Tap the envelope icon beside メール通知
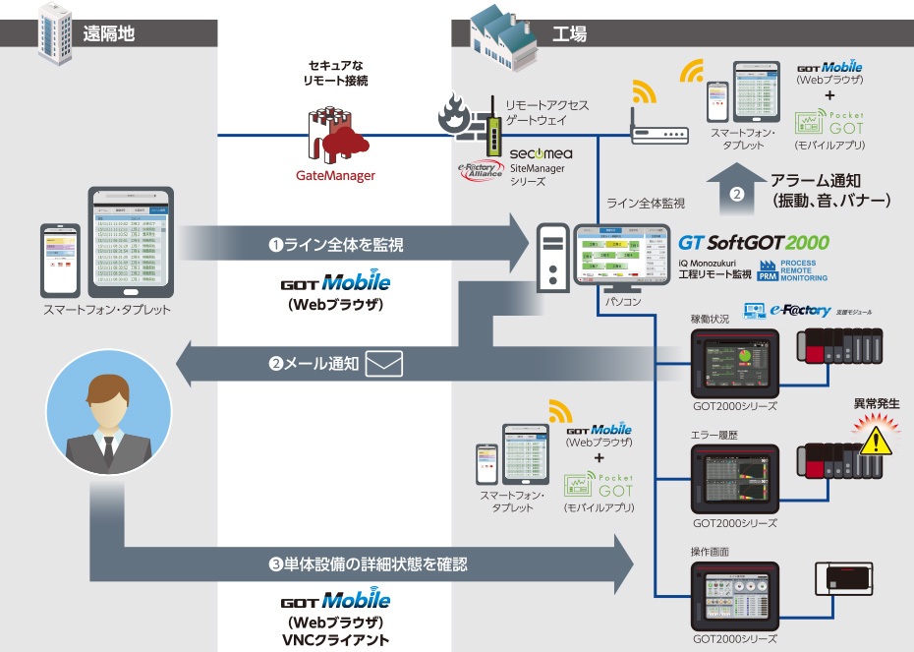point(384,365)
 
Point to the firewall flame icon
point(454,111)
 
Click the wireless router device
point(658,132)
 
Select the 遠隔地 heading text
point(108,32)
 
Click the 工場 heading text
point(570,34)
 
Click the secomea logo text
point(541,154)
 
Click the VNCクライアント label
point(335,640)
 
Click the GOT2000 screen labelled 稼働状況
point(733,360)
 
